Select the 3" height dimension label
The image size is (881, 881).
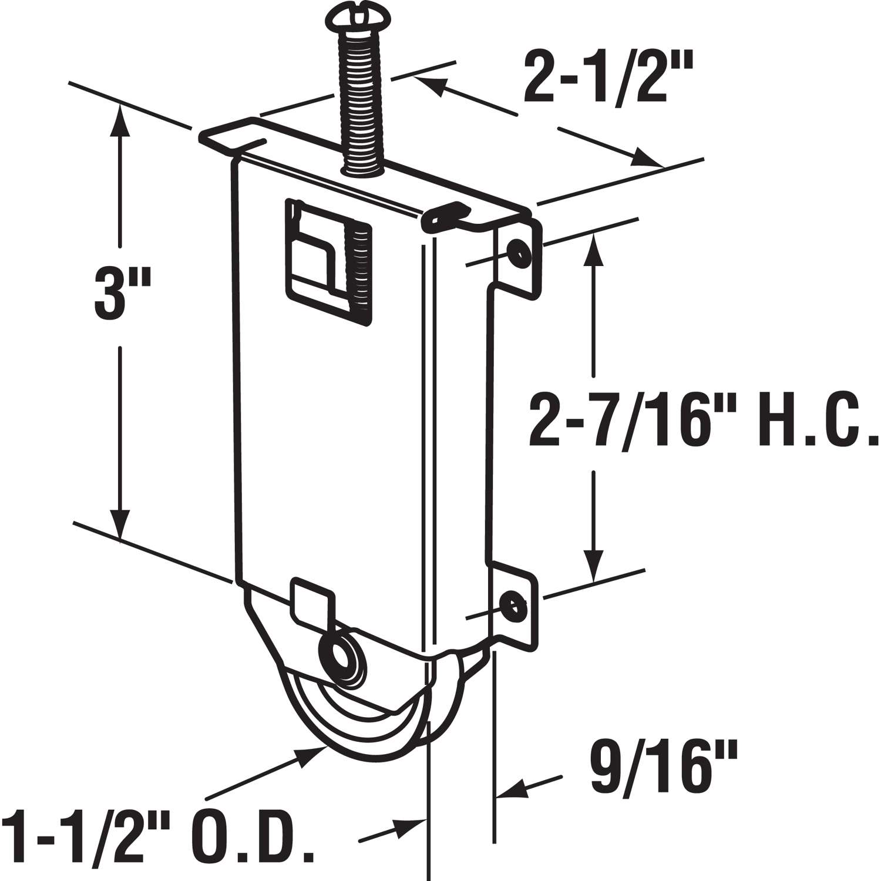tap(122, 292)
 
